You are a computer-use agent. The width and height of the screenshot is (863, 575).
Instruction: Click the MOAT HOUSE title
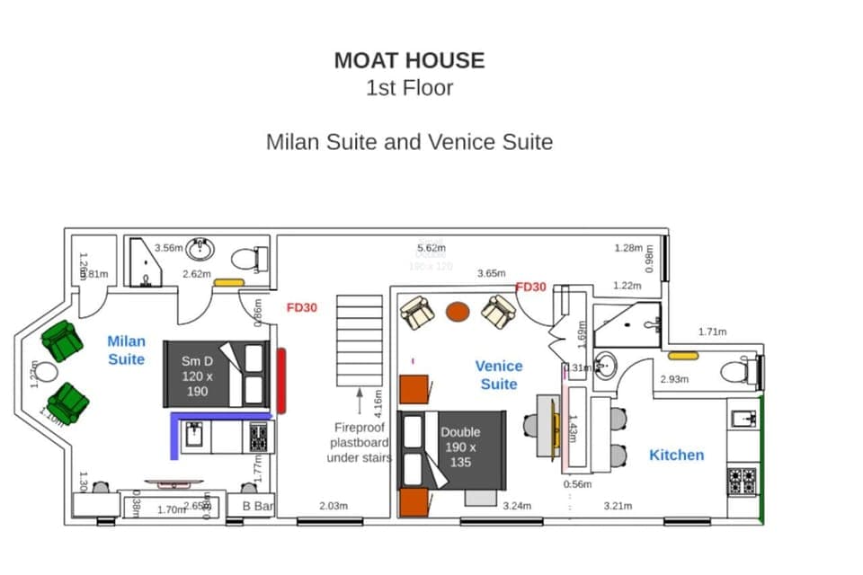click(409, 60)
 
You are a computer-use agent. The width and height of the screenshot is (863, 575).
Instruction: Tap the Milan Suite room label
click(126, 349)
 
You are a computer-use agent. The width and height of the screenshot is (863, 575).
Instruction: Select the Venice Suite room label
click(498, 375)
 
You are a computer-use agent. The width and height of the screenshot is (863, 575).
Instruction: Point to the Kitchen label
click(676, 455)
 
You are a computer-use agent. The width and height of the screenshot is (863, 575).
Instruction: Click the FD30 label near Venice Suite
click(530, 287)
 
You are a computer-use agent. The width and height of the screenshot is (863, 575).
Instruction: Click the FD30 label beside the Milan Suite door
click(302, 307)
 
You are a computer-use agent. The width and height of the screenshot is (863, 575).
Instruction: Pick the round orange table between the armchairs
click(458, 312)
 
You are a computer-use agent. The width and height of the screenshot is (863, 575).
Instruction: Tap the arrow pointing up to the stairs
click(359, 401)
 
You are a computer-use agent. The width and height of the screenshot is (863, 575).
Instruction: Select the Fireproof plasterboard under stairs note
click(359, 443)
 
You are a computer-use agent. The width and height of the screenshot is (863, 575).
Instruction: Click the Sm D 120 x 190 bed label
click(196, 376)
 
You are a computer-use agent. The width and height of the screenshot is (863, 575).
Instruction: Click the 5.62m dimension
click(431, 248)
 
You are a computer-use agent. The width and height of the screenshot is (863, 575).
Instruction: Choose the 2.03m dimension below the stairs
click(333, 506)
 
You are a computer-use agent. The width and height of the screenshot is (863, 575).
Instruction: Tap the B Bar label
click(257, 507)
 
